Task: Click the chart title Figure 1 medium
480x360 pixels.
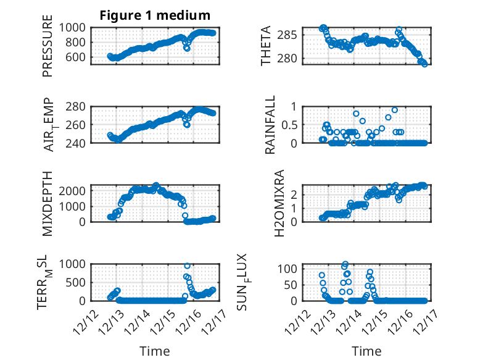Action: pos(155,15)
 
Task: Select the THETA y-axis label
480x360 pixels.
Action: pos(266,46)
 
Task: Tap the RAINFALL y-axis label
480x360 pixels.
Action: pos(270,125)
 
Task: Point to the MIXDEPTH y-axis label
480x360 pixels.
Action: pos(48,203)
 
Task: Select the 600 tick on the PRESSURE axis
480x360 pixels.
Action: pos(80,57)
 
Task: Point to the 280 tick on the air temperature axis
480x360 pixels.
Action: pos(80,106)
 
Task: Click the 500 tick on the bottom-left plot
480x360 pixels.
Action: pos(80,282)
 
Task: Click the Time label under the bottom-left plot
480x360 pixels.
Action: pos(155,351)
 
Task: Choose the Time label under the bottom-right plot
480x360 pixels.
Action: pos(366,351)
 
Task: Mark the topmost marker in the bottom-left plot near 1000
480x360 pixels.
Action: pos(188,266)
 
